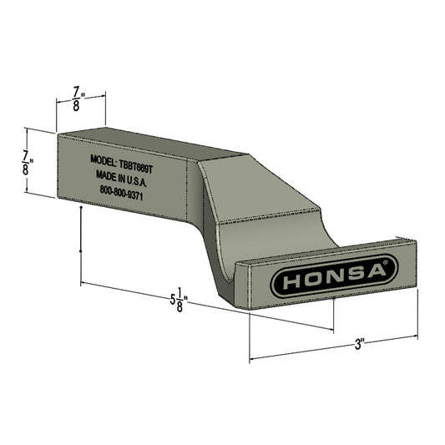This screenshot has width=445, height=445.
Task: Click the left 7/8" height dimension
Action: (29, 159)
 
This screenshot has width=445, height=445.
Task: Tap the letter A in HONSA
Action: (372, 271)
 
